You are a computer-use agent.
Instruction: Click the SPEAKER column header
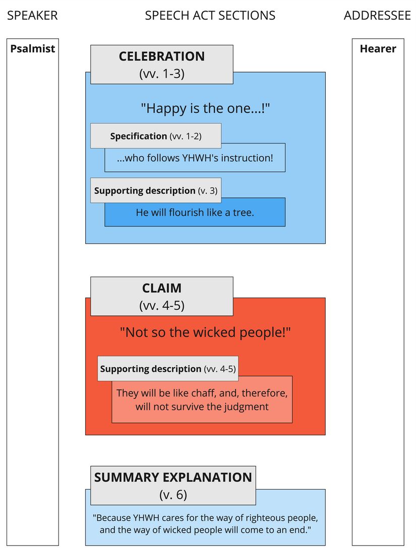pyautogui.click(x=32, y=16)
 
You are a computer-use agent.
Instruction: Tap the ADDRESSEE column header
pyautogui.click(x=377, y=16)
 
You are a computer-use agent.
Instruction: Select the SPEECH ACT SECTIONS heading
pyautogui.click(x=210, y=16)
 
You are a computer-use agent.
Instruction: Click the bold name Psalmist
pyautogui.click(x=33, y=49)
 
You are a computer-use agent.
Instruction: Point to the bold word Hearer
pyautogui.click(x=378, y=49)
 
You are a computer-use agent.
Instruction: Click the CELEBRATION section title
pyautogui.click(x=161, y=56)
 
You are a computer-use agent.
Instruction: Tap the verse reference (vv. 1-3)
pyautogui.click(x=161, y=74)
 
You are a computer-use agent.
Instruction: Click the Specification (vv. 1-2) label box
pyautogui.click(x=155, y=136)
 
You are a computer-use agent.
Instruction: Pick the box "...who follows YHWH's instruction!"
pyautogui.click(x=195, y=158)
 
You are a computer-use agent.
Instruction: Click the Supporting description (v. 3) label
pyautogui.click(x=155, y=191)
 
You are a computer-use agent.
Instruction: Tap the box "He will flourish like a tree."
pyautogui.click(x=195, y=213)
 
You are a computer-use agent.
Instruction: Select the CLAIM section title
pyautogui.click(x=161, y=289)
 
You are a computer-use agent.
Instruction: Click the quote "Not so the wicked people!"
pyautogui.click(x=205, y=333)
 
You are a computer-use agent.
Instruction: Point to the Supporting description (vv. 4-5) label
pyautogui.click(x=167, y=369)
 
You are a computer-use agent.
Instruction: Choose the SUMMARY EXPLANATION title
pyautogui.click(x=173, y=477)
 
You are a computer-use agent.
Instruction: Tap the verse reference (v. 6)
pyautogui.click(x=173, y=495)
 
